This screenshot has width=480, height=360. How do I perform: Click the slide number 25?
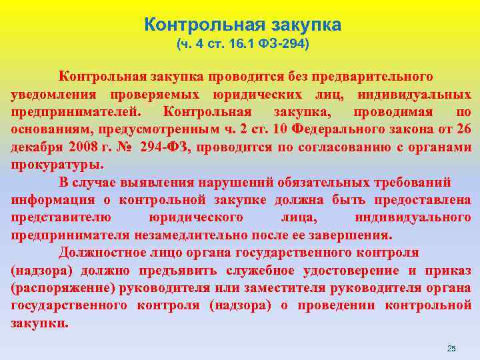click(x=451, y=349)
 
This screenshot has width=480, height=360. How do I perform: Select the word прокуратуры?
click(x=56, y=164)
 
